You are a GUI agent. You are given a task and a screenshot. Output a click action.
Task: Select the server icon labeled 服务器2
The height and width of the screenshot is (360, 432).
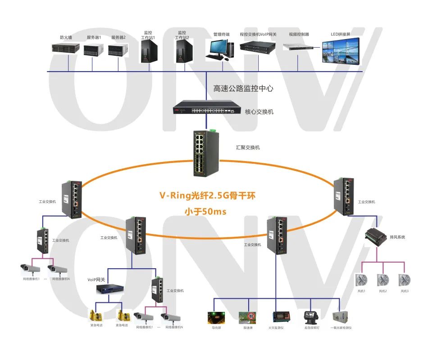118,50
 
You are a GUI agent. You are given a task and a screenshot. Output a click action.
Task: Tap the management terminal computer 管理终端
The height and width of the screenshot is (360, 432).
220,49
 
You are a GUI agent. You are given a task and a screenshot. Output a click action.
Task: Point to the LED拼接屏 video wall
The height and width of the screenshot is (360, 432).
341,52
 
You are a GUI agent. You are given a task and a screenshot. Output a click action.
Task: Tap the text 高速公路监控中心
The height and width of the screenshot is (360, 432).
243,88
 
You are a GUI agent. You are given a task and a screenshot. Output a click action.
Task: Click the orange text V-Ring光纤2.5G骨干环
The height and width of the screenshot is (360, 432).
208,196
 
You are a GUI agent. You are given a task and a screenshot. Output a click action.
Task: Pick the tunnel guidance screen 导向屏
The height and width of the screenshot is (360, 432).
214,317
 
